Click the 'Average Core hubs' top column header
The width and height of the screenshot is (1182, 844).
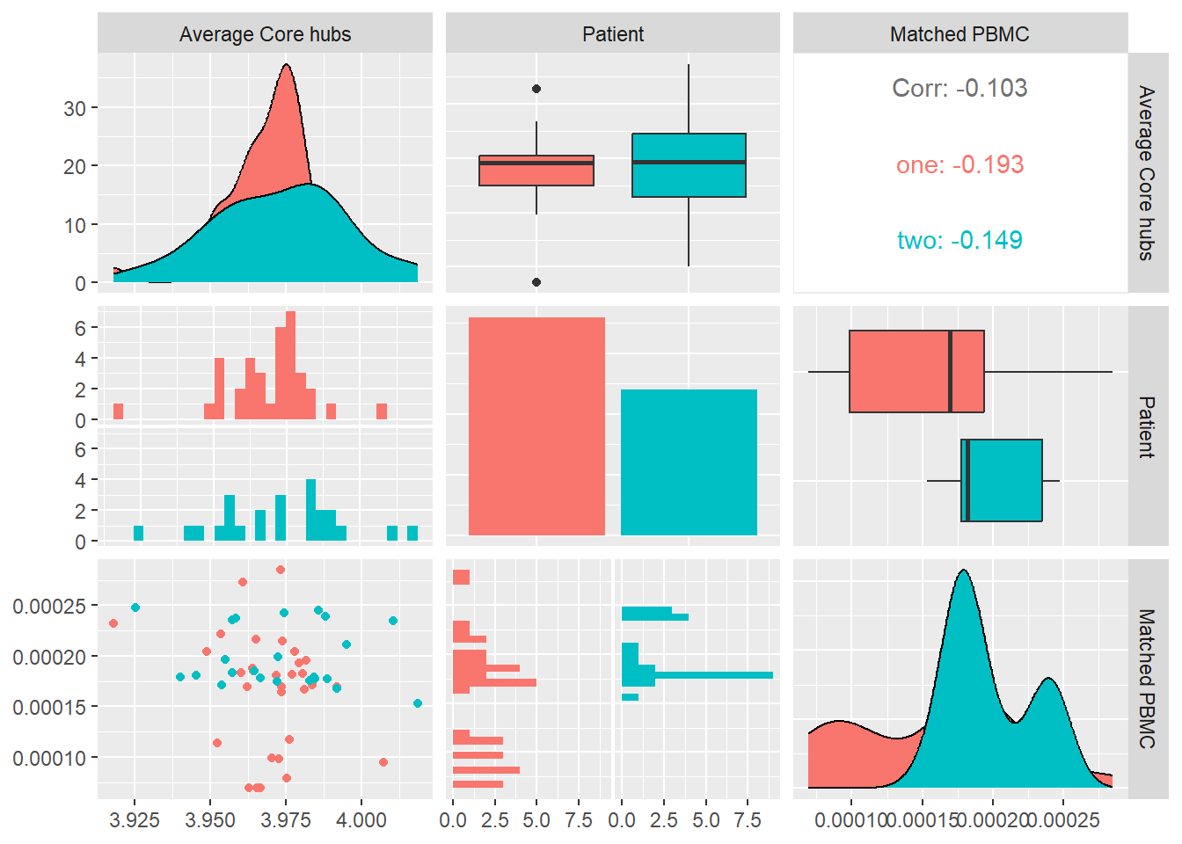[x=265, y=34]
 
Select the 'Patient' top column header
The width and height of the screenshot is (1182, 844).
[x=613, y=34]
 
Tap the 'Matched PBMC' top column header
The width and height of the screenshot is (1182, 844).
[x=959, y=34]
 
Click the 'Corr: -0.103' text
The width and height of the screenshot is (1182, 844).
[x=959, y=88]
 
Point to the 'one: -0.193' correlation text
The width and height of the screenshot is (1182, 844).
[x=959, y=164]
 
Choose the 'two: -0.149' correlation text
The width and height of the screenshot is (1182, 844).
[x=959, y=240]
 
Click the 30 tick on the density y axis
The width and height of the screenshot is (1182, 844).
[x=75, y=108]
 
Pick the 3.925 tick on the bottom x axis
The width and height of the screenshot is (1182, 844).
[x=135, y=819]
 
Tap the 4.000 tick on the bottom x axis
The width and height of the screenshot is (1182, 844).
[x=361, y=819]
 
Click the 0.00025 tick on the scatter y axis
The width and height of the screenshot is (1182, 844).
[x=49, y=606]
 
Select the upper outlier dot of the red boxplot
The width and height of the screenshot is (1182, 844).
[x=536, y=89]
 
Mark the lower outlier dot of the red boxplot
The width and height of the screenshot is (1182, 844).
[x=536, y=282]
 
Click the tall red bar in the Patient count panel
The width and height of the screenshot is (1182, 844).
[x=536, y=426]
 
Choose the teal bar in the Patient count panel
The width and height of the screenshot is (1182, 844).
[x=689, y=462]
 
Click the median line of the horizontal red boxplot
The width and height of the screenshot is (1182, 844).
[x=951, y=371]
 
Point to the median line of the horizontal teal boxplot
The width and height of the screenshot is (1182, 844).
[x=967, y=481]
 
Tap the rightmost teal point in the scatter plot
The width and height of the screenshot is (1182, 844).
[x=418, y=703]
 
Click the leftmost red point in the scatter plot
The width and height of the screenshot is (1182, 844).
[x=113, y=623]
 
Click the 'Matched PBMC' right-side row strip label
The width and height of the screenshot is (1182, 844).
[x=1147, y=679]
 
